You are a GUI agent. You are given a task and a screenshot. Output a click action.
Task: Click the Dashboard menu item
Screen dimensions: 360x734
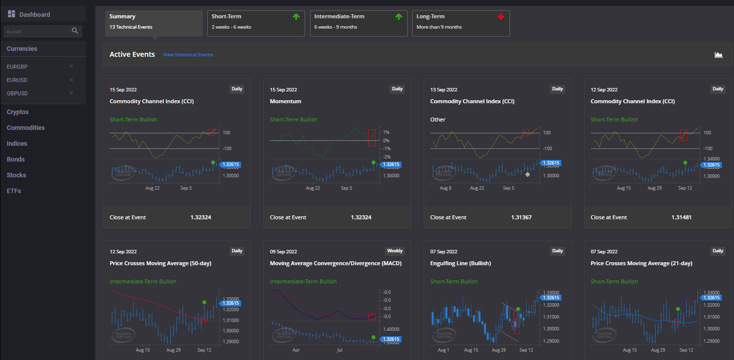tap(34, 14)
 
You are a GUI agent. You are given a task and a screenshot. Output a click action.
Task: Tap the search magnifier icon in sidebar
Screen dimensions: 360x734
tap(75, 31)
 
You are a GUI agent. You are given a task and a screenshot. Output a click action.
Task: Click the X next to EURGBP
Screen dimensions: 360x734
tap(71, 66)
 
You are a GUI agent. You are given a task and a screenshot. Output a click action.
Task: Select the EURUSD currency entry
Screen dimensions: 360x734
tap(17, 80)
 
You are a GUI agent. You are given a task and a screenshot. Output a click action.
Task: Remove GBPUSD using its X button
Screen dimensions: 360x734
tap(71, 93)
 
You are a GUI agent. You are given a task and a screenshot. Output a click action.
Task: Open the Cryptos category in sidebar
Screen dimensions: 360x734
tap(18, 112)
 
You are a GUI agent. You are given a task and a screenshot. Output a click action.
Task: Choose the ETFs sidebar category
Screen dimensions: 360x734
tap(14, 191)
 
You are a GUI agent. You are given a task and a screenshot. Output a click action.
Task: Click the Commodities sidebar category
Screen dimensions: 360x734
tap(26, 128)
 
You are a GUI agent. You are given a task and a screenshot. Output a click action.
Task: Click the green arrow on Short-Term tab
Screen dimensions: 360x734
tap(296, 17)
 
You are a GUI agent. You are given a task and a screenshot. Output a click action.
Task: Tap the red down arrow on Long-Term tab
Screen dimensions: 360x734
tap(501, 17)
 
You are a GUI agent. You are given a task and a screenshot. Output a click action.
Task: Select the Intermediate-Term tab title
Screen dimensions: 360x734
tap(339, 16)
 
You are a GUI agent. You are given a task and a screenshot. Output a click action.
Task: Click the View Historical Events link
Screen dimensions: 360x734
tap(188, 55)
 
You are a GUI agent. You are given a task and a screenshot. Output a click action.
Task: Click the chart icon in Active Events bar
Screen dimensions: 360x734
tap(719, 55)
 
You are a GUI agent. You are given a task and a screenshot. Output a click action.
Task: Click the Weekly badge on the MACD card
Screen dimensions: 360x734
tap(394, 251)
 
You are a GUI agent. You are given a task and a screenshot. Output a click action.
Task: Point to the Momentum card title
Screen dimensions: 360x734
tap(285, 101)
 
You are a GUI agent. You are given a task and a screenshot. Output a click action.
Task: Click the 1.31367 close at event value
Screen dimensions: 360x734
tap(521, 217)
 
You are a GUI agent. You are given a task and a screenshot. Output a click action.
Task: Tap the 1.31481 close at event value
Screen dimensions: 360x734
tap(682, 217)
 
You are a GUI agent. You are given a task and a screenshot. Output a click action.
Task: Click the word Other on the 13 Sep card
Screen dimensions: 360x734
tap(438, 120)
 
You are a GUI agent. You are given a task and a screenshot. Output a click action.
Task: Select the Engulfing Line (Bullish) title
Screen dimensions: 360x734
tap(461, 263)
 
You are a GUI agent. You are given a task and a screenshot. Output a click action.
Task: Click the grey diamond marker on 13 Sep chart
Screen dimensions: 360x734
tap(528, 174)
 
